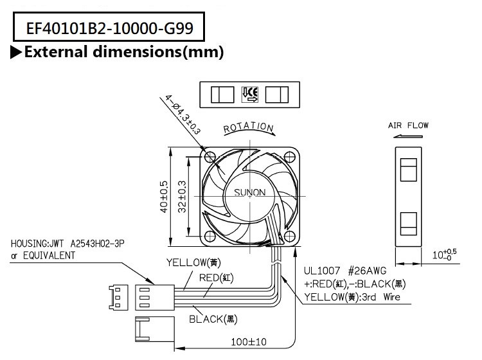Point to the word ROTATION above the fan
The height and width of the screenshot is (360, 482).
click(x=249, y=128)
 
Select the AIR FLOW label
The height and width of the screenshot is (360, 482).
click(x=408, y=125)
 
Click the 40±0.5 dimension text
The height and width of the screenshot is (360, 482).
click(x=164, y=195)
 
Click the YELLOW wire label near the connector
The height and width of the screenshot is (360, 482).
click(x=195, y=262)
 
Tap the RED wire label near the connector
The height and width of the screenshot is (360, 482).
click(x=215, y=278)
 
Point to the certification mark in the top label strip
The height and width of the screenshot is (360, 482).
click(x=249, y=95)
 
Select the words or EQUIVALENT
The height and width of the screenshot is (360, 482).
click(x=42, y=256)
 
